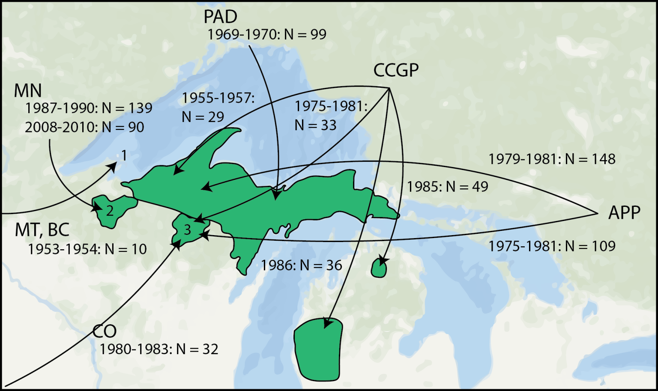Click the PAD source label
coord(220,17)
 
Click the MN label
coord(28,91)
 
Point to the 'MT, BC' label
coord(42,230)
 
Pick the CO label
coord(105,331)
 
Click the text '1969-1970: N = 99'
coord(267,34)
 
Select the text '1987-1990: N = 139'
coord(89,108)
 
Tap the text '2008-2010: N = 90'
coord(84,127)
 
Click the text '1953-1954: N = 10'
coord(87,249)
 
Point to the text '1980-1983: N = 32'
coord(159,349)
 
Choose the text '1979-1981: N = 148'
coord(552,159)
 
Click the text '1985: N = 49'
coord(447,187)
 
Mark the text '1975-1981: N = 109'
coord(552,246)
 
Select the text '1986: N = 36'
coord(302,266)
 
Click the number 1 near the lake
coord(124,155)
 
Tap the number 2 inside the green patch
coord(110,211)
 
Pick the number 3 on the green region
coord(187,230)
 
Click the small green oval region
coord(379,269)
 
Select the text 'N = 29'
coord(203,117)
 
